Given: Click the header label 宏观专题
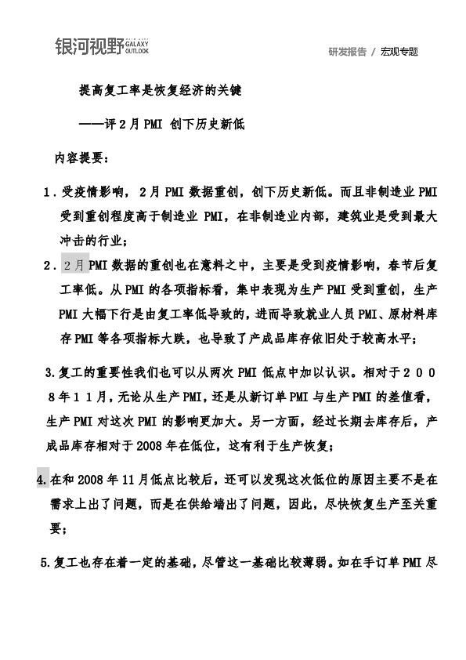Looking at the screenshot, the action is pos(399,52).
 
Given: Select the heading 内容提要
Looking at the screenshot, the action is pos(81,158).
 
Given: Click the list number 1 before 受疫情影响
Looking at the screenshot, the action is pos(49,191).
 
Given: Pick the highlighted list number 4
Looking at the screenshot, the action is pos(42,477).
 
